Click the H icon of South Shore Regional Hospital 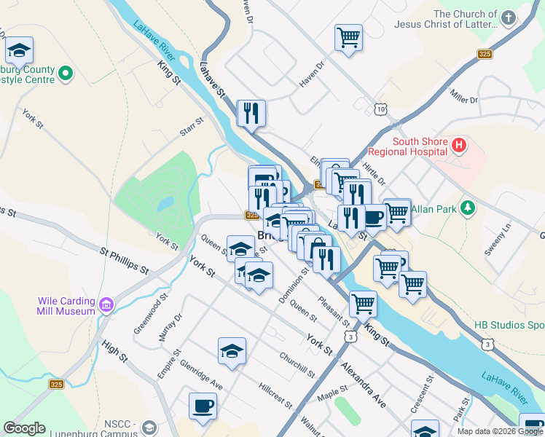tap(458, 145)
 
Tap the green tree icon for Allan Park tap(468, 209)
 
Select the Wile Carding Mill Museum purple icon tap(106, 303)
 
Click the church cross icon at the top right tap(508, 17)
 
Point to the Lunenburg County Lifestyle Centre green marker tap(66, 73)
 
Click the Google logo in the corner tap(24, 428)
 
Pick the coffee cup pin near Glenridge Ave tap(203, 405)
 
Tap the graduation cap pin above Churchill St tap(232, 350)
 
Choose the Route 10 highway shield tap(381, 109)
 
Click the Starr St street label tap(192, 130)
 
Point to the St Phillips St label tap(124, 260)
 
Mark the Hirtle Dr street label tap(373, 173)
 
